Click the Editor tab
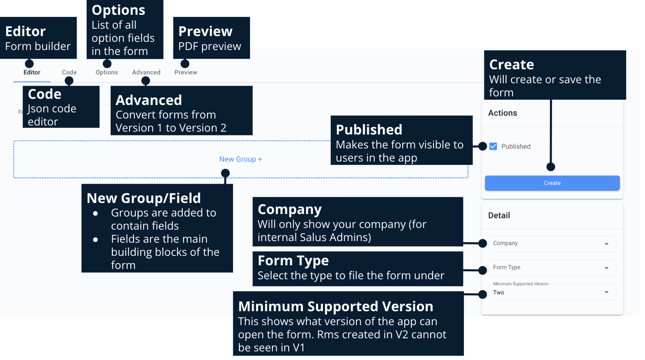[x=32, y=73]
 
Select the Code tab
[x=69, y=73]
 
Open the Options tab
[x=107, y=73]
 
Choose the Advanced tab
[x=146, y=73]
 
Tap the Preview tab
[x=186, y=73]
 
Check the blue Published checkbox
[x=493, y=146]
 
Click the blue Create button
[x=552, y=183]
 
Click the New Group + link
[x=241, y=159]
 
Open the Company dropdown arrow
[x=606, y=244]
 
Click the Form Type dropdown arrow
[x=606, y=268]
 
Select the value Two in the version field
[x=499, y=293]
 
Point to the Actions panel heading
[x=502, y=113]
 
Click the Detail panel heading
[x=499, y=216]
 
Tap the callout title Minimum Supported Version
[x=335, y=307]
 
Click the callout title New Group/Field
[x=143, y=198]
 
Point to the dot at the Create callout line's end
[x=551, y=167]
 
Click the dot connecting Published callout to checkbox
[x=483, y=146]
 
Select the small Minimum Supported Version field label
[x=520, y=284]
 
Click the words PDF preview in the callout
[x=209, y=47]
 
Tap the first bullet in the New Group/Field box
[x=95, y=214]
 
